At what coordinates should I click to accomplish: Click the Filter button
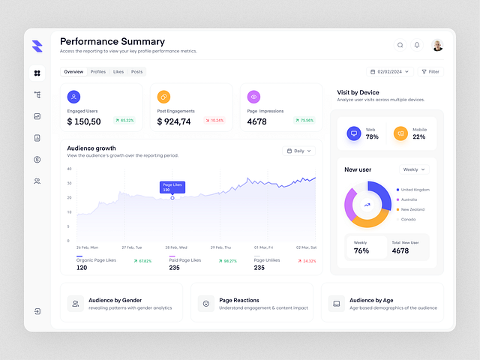(x=430, y=72)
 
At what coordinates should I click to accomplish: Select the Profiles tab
(x=97, y=72)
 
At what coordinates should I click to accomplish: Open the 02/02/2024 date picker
(x=390, y=72)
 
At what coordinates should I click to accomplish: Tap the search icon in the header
(x=400, y=45)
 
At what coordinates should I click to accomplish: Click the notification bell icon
(x=417, y=45)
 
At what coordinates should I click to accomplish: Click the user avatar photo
(x=437, y=45)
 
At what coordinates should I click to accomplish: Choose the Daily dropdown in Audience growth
(x=298, y=151)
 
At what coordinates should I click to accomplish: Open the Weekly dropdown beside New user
(x=414, y=169)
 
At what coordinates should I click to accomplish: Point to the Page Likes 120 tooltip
(x=172, y=187)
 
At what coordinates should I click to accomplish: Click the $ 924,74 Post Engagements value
(x=174, y=121)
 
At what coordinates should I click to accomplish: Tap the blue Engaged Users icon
(x=73, y=97)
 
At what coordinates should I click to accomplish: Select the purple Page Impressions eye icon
(x=253, y=97)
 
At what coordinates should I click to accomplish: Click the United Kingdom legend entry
(x=414, y=190)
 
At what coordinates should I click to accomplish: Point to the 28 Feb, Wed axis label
(x=176, y=247)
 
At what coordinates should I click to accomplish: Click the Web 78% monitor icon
(x=353, y=133)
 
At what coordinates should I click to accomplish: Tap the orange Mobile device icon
(x=400, y=133)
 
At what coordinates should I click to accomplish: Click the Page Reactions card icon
(x=205, y=303)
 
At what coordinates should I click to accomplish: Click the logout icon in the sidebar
(x=37, y=311)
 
